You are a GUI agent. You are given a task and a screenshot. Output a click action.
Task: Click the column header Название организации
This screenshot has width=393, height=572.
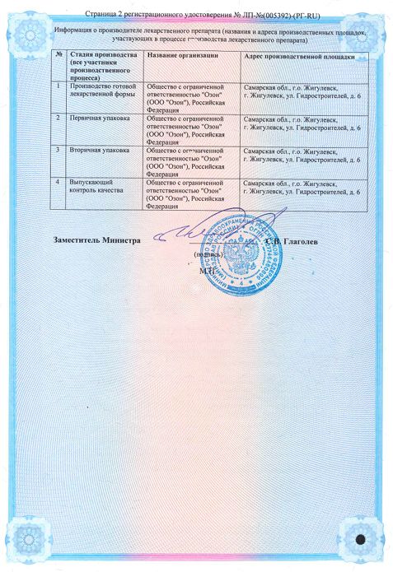[182, 55]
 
